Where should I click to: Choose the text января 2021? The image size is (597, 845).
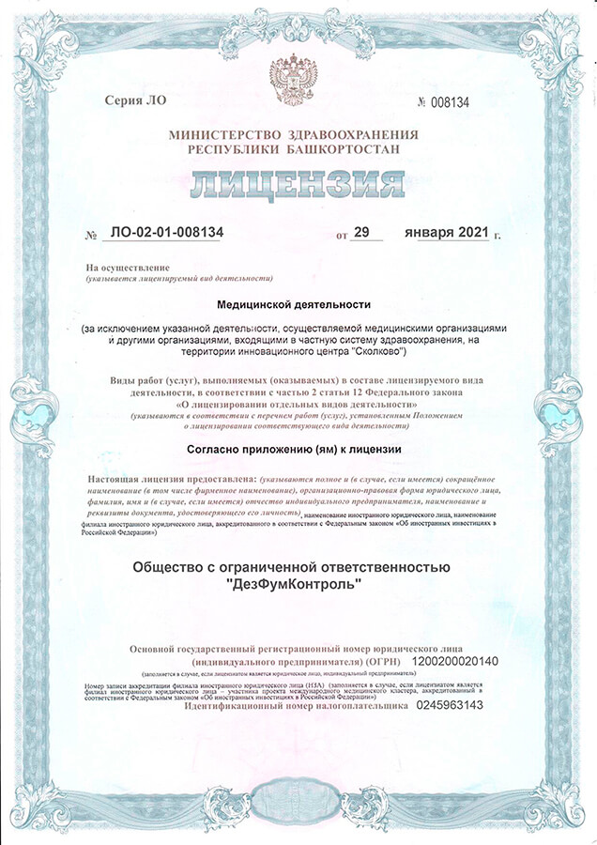point(445,232)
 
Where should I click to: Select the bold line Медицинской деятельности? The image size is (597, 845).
point(294,304)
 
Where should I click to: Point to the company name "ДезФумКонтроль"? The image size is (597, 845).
point(293,584)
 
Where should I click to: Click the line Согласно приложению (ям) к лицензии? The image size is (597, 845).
point(294,449)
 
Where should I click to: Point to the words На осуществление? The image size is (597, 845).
point(127,268)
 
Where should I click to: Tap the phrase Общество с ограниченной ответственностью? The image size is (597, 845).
point(293,566)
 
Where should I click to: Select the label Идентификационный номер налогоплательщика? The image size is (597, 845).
point(297,705)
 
